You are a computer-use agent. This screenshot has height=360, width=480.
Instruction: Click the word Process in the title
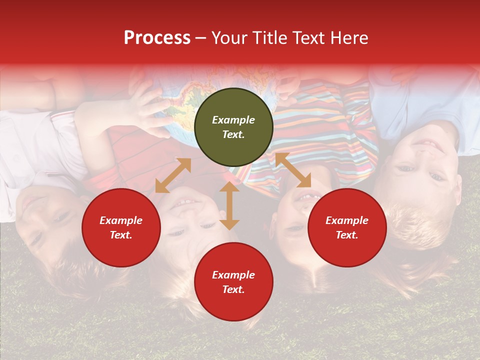coord(157,38)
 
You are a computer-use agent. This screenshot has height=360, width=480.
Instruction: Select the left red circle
coord(121,227)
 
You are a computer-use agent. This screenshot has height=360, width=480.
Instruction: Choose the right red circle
coord(347,227)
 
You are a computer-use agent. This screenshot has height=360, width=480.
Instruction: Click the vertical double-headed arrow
coord(229,205)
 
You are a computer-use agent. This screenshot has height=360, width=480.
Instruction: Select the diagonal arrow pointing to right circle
coord(293,170)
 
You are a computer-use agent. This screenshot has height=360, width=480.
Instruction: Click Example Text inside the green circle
coord(233,127)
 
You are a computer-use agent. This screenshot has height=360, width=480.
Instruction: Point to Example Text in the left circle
coord(121,227)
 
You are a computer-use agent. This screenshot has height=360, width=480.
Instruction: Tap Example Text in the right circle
coord(347,227)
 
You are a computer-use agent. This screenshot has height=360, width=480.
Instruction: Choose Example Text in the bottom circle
coord(233,282)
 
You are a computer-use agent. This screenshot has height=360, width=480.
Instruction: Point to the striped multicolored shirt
coord(325,125)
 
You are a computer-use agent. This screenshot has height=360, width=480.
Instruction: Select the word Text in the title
coord(307,38)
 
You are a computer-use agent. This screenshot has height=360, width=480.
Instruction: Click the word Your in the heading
coord(229,38)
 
